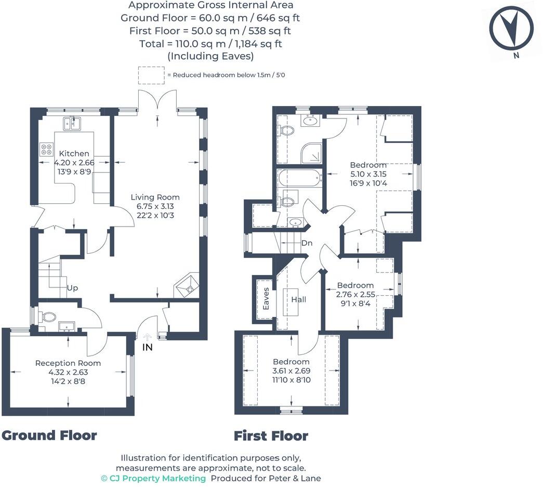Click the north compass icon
(x=512, y=31)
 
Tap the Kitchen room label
(x=74, y=154)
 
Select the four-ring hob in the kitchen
(x=46, y=149)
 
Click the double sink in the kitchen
(x=73, y=123)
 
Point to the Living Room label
(x=155, y=198)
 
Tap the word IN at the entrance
(x=148, y=347)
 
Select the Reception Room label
(x=68, y=363)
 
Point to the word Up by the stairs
(x=72, y=287)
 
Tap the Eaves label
(x=266, y=298)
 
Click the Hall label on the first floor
(x=299, y=299)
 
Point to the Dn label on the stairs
(x=307, y=243)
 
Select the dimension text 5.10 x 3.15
(x=368, y=174)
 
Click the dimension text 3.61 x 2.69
(x=292, y=371)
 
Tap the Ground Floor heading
(x=49, y=435)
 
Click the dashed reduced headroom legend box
(x=151, y=75)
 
